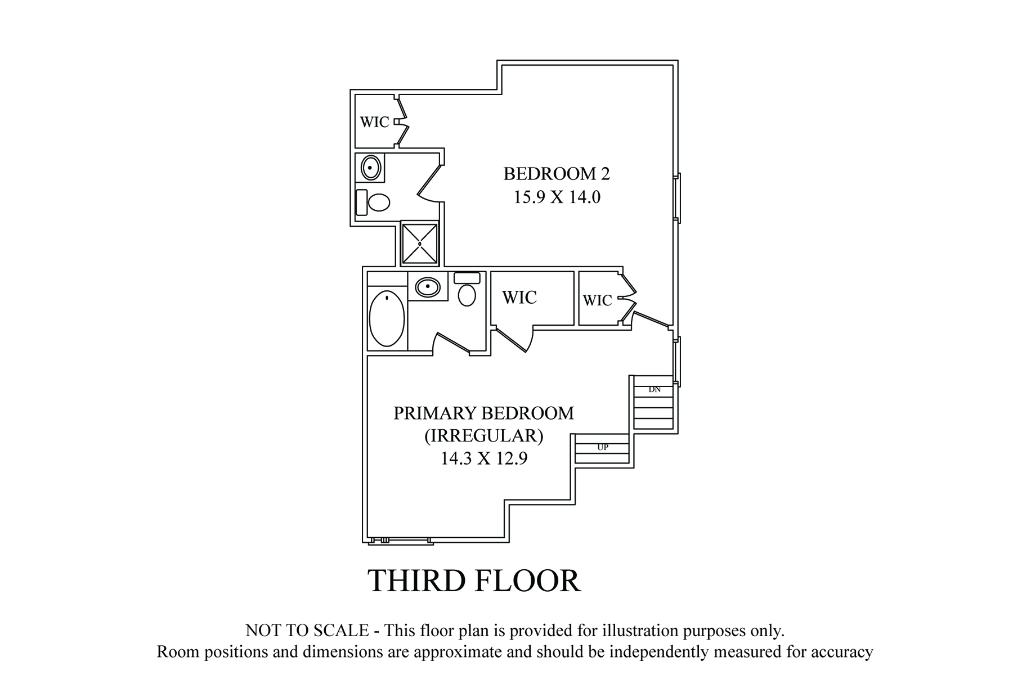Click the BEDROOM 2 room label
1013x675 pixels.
pos(557,174)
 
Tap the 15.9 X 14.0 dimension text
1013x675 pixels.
pos(557,197)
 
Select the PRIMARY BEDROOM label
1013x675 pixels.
pos(483,413)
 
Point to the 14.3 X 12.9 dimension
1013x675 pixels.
pos(483,458)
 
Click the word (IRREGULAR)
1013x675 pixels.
pos(483,436)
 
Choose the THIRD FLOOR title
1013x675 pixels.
pos(474,581)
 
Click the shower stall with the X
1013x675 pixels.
pos(420,244)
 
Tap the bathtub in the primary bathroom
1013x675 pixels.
pos(387,318)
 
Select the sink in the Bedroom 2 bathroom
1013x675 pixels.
pos(370,168)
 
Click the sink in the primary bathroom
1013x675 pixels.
pos(428,287)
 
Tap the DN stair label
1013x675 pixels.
pos(655,389)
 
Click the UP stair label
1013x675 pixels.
pos(603,448)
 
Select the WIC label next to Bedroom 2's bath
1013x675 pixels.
pos(375,122)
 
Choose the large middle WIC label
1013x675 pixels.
pos(519,298)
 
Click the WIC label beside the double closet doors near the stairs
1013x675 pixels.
pos(598,301)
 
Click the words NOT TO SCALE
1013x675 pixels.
pos(307,631)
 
